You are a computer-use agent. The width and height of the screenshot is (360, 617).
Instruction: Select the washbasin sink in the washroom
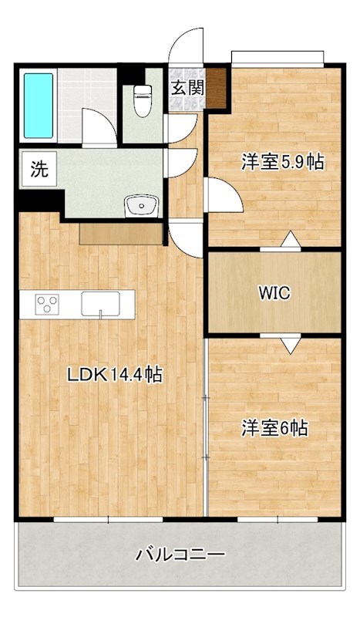140,205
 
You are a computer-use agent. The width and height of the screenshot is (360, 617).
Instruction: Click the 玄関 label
187,87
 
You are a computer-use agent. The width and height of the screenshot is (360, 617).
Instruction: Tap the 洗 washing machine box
38,170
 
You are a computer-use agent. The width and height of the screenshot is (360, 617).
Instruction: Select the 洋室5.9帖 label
281,162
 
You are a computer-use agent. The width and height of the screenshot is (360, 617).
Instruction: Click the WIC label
274,292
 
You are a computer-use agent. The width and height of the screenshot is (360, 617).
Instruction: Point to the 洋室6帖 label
274,429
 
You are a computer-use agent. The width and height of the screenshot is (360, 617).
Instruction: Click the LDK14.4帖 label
114,376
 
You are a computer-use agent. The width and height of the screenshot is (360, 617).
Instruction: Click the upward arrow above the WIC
290,240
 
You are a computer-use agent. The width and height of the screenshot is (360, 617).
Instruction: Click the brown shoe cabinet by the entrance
217,88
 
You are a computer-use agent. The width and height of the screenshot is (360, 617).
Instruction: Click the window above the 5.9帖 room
277,57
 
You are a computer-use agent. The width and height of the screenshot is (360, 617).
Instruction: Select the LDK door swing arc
185,235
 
